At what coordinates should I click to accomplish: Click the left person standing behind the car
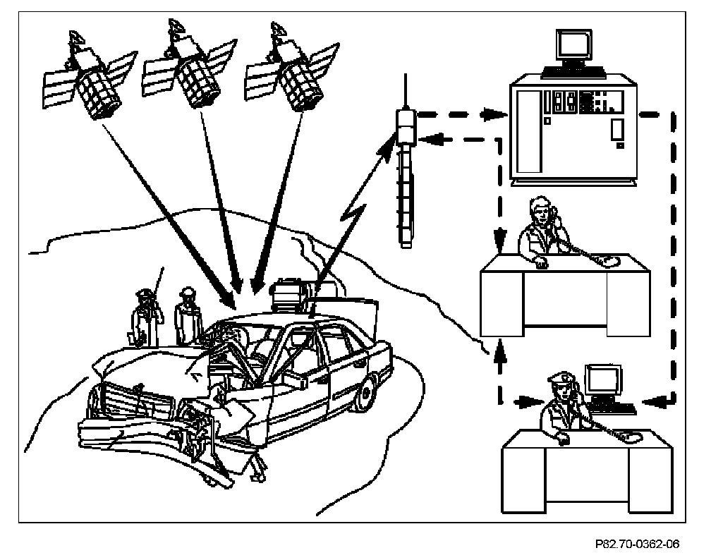[146, 317]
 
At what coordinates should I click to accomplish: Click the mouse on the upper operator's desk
[611, 262]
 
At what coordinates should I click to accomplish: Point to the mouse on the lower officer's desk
[633, 438]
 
